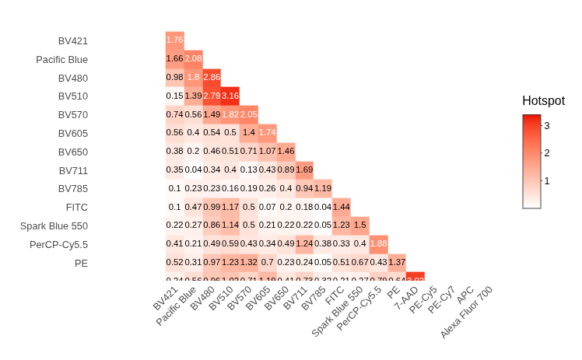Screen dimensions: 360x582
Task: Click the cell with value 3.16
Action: pyautogui.click(x=230, y=96)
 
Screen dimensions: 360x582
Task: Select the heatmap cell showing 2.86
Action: pyautogui.click(x=212, y=77)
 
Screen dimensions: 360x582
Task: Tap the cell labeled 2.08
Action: pyautogui.click(x=193, y=58)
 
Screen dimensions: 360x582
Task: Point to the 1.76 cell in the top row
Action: pyautogui.click(x=174, y=40)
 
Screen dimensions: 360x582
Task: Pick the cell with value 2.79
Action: pyautogui.click(x=212, y=96)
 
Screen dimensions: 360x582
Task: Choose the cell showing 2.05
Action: pyautogui.click(x=249, y=114)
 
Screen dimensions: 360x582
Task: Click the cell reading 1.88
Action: pyautogui.click(x=378, y=243)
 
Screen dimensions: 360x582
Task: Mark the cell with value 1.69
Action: pyautogui.click(x=304, y=169)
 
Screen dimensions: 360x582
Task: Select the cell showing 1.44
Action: pyautogui.click(x=341, y=206)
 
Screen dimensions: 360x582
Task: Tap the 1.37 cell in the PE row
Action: pyautogui.click(x=397, y=262)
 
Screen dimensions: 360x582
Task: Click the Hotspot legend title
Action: pyautogui.click(x=543, y=101)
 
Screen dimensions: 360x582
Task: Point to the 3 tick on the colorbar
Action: pyautogui.click(x=547, y=125)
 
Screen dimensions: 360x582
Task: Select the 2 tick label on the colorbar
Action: pyautogui.click(x=547, y=153)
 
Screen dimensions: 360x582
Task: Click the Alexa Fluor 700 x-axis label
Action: pyautogui.click(x=466, y=312)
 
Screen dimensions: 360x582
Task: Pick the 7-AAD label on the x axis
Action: pyautogui.click(x=406, y=299)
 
